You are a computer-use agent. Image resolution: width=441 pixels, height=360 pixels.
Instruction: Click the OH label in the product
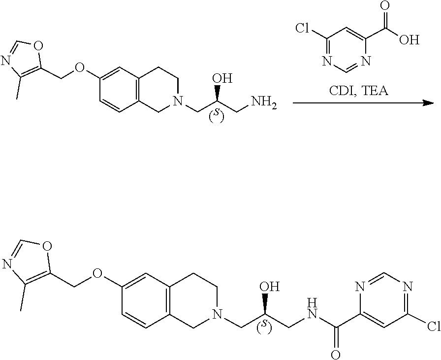[270, 287]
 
